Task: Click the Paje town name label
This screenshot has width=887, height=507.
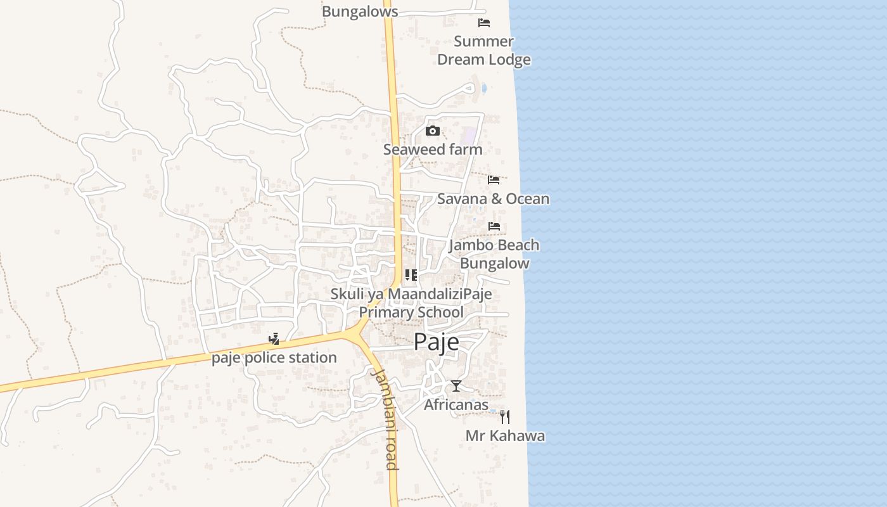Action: (x=436, y=342)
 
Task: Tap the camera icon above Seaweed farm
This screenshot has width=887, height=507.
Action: (x=433, y=131)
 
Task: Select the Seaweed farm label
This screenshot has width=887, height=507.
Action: (x=433, y=150)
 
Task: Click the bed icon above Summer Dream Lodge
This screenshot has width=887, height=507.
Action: (x=484, y=23)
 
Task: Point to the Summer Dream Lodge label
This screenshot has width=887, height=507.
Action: (x=484, y=51)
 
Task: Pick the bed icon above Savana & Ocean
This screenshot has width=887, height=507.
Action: (x=494, y=180)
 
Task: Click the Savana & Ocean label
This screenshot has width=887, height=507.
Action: (x=493, y=199)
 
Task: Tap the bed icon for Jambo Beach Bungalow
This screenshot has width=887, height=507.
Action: (x=494, y=226)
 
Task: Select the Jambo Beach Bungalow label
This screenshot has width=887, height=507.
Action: (x=494, y=253)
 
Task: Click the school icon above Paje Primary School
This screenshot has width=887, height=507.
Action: (x=411, y=275)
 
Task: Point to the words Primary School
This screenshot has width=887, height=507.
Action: (x=411, y=312)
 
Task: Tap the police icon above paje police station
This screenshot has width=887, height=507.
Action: (x=274, y=339)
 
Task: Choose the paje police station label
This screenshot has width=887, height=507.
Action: (x=274, y=358)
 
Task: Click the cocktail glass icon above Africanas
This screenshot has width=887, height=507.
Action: (x=456, y=385)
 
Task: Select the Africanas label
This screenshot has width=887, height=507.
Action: (x=456, y=404)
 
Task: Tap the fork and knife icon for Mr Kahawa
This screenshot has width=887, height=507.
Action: (x=505, y=416)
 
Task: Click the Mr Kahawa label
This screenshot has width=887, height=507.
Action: (x=505, y=436)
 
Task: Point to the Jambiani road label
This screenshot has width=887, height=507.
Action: (x=385, y=418)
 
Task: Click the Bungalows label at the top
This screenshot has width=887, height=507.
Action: (x=360, y=11)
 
